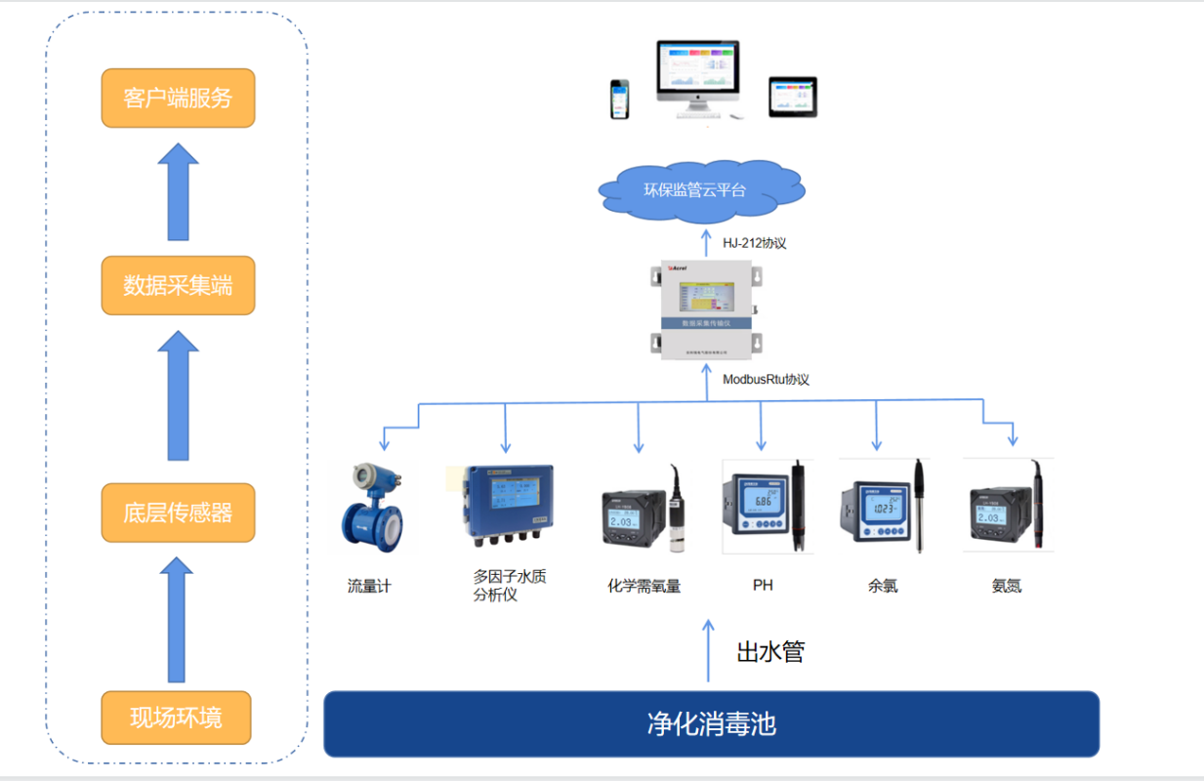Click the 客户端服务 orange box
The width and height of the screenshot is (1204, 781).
pyautogui.click(x=178, y=98)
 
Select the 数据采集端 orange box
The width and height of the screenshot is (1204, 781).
pyautogui.click(x=178, y=285)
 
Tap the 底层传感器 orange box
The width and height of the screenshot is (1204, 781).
pyautogui.click(x=178, y=513)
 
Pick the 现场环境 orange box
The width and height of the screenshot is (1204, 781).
pyautogui.click(x=176, y=718)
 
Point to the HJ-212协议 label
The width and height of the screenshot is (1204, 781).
pyautogui.click(x=755, y=243)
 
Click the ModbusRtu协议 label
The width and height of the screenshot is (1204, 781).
pyautogui.click(x=766, y=379)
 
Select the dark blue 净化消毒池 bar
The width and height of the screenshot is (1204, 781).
pyautogui.click(x=711, y=724)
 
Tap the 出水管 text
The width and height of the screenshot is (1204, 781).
pyautogui.click(x=770, y=651)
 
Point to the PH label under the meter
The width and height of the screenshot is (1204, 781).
pyautogui.click(x=763, y=585)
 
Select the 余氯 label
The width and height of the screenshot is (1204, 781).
pyautogui.click(x=882, y=586)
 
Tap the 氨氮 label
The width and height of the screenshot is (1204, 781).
pyautogui.click(x=1006, y=586)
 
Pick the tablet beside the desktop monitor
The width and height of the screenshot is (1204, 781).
pyautogui.click(x=792, y=97)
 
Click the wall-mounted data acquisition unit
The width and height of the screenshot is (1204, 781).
pyautogui.click(x=708, y=308)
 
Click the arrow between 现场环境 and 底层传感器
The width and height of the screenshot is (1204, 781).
pyautogui.click(x=177, y=619)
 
